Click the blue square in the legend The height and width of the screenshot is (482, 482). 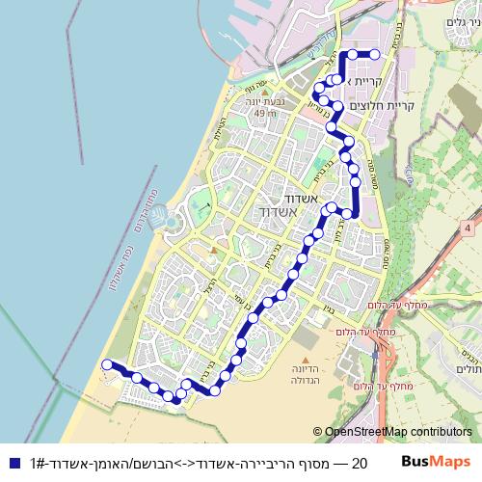pos(12,463)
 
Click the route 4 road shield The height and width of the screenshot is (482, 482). pos(467,228)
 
